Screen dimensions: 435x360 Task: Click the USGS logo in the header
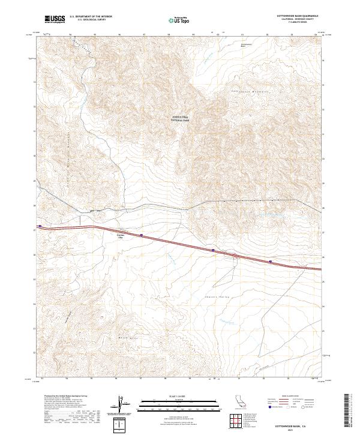(55, 19)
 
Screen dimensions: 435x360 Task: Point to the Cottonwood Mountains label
(249, 91)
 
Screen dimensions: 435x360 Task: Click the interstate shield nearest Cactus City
(141, 235)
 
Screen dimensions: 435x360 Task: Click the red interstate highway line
(180, 242)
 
